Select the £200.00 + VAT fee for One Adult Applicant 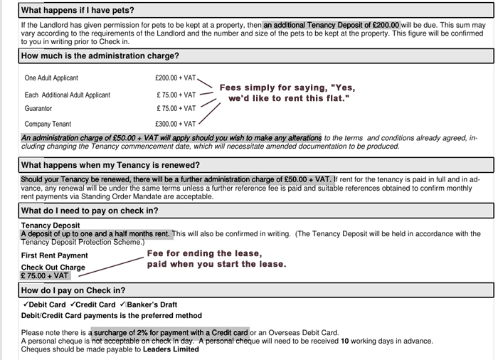175,78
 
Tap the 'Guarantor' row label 38,109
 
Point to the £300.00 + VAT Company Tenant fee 175,125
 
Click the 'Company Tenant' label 48,125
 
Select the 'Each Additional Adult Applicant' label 67,95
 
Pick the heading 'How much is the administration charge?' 100,55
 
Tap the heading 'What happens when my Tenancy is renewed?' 110,165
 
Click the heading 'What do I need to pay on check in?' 90,211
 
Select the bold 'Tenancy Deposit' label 51,226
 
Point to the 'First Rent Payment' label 55,255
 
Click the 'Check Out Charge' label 53,268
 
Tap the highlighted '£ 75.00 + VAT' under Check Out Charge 45,276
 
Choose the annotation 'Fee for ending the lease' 204,253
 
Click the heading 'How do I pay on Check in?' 73,290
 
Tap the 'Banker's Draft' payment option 152,305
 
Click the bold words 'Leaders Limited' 171,349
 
